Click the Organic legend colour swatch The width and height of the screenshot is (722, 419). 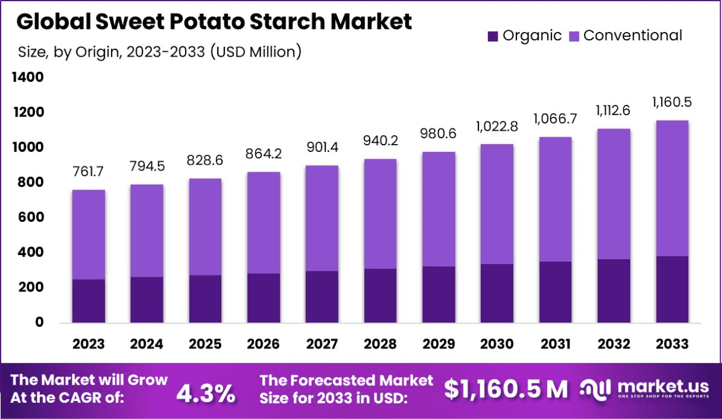pyautogui.click(x=493, y=36)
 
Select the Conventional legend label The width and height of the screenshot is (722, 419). pyautogui.click(x=633, y=36)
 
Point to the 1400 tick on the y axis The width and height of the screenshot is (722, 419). pyautogui.click(x=27, y=78)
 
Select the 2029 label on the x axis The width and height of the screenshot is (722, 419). pyautogui.click(x=439, y=344)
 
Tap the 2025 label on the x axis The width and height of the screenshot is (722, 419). pyautogui.click(x=205, y=344)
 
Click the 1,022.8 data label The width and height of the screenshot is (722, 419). pyautogui.click(x=497, y=128)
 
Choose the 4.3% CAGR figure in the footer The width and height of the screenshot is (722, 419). pyautogui.click(x=206, y=393)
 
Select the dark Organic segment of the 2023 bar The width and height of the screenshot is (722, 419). pyautogui.click(x=89, y=301)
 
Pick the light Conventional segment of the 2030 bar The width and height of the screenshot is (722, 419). pyautogui.click(x=497, y=204)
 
